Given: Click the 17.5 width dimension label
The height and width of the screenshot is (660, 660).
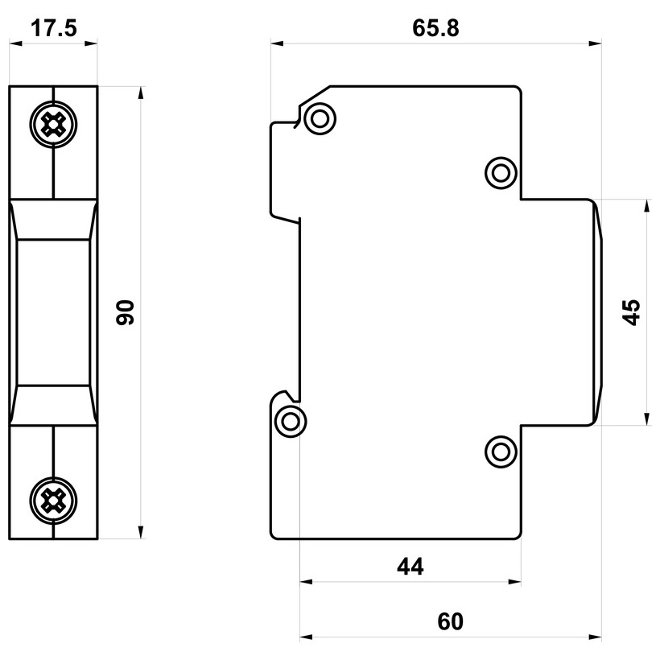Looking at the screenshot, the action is tap(54, 28).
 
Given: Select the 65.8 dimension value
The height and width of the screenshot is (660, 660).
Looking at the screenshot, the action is tap(435, 28).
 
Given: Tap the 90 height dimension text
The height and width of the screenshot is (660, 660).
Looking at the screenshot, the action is tap(125, 312).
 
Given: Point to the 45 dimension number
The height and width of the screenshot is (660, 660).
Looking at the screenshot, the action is tap(631, 312).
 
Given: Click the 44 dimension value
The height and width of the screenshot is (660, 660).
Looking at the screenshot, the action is tap(410, 566).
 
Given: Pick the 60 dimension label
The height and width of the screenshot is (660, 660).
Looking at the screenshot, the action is tap(451, 621).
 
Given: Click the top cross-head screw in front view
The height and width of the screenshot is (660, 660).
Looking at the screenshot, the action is tap(53, 125).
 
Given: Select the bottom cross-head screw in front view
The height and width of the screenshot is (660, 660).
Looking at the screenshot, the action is tap(53, 501).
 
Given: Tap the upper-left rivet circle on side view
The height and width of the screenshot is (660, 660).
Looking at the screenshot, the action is tap(320, 118).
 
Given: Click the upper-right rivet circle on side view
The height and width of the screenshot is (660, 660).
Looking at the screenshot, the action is tap(501, 173).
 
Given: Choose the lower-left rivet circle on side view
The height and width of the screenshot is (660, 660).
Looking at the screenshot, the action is tap(291, 421).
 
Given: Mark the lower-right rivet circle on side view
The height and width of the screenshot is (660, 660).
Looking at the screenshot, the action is tap(501, 452).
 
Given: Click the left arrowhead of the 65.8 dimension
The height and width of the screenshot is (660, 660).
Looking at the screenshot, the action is tap(277, 43).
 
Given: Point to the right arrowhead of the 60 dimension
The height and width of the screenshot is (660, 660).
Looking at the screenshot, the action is tap(595, 637).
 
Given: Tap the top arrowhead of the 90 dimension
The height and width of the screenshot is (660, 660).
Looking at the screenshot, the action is tap(142, 93).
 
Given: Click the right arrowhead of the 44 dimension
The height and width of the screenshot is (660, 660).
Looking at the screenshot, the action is tap(515, 582).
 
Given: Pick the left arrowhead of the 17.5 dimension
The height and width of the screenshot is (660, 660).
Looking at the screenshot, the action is tap(16, 43).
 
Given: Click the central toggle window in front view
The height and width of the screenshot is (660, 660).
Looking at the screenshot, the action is tap(53, 312).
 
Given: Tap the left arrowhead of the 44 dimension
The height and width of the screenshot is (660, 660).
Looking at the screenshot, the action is tap(307, 582).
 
